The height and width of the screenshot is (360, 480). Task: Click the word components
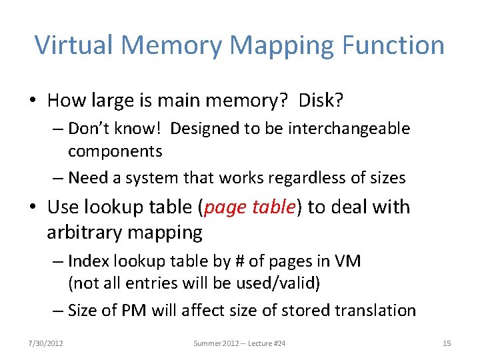[x=115, y=151]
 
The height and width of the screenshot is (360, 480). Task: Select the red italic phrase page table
[x=249, y=207]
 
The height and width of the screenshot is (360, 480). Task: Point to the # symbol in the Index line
[x=239, y=261]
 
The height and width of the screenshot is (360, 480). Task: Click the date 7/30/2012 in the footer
[x=46, y=343]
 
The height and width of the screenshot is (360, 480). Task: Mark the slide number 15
[x=447, y=343]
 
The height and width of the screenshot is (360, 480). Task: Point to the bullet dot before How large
[x=33, y=101]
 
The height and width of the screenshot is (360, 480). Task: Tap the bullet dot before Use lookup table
[x=33, y=208]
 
